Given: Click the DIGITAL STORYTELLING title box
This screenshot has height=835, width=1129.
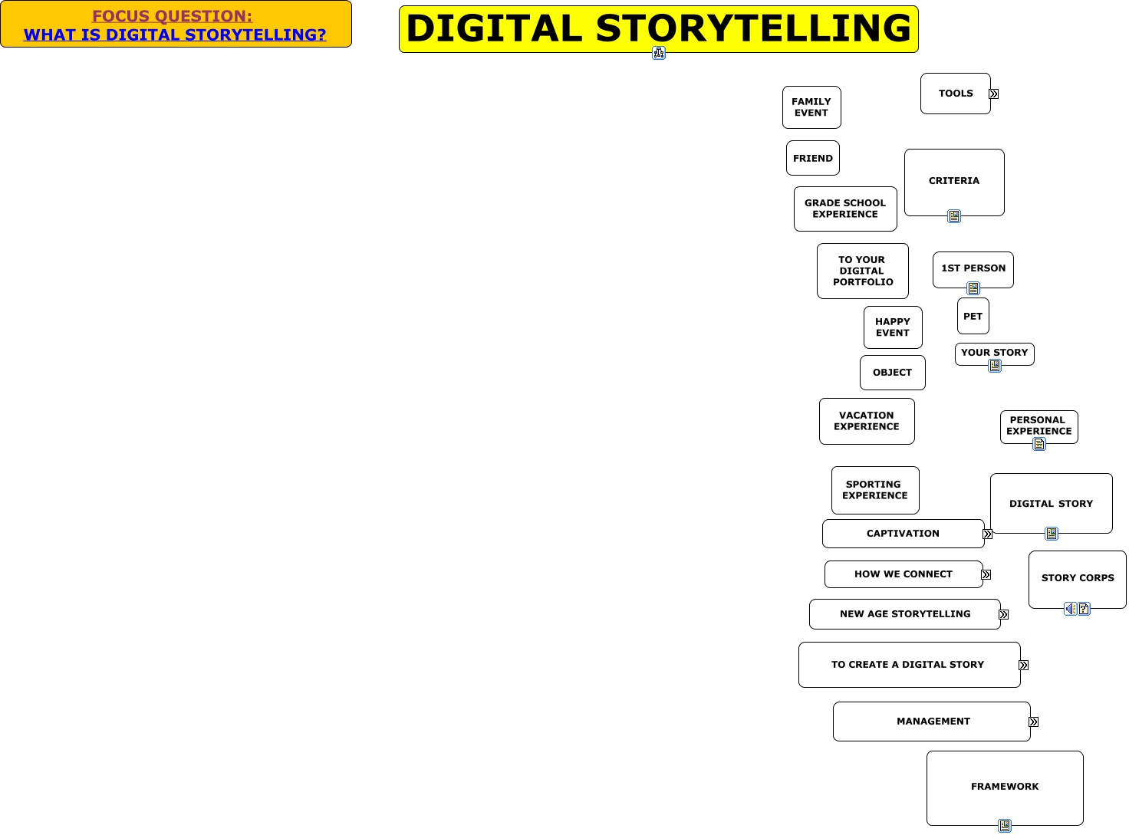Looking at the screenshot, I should (658, 28).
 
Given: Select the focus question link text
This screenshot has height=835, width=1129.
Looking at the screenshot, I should (175, 35).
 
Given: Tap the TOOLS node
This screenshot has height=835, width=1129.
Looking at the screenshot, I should (955, 94).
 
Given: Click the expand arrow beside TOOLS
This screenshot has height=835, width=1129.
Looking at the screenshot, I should (994, 94).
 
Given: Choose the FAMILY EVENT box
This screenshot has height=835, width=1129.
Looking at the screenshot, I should (811, 107).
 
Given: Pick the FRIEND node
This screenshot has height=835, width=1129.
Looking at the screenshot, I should (812, 158).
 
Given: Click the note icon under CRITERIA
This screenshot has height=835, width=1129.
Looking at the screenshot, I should (954, 216).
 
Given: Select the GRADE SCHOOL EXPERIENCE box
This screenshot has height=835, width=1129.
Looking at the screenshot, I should (845, 209).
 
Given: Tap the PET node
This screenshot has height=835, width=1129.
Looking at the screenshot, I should (973, 316).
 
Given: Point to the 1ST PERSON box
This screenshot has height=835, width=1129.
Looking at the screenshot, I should (973, 268).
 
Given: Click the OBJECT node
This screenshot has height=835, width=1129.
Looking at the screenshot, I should (892, 373).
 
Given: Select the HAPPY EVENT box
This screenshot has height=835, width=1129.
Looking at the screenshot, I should (893, 327).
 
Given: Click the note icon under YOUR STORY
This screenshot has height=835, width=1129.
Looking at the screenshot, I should (995, 366).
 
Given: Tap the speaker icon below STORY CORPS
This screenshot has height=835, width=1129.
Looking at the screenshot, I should (1070, 609).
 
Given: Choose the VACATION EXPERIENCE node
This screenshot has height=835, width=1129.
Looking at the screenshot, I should (867, 421).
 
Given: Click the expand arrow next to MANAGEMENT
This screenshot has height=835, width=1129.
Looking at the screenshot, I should (1034, 722).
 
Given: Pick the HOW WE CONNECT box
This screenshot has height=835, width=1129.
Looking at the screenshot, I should (903, 574).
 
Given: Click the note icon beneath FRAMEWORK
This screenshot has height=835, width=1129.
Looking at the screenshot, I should (1005, 826).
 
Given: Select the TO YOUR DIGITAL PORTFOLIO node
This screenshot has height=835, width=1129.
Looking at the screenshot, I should (862, 271).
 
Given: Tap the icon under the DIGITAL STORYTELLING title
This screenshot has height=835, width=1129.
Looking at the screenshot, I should (659, 53).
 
